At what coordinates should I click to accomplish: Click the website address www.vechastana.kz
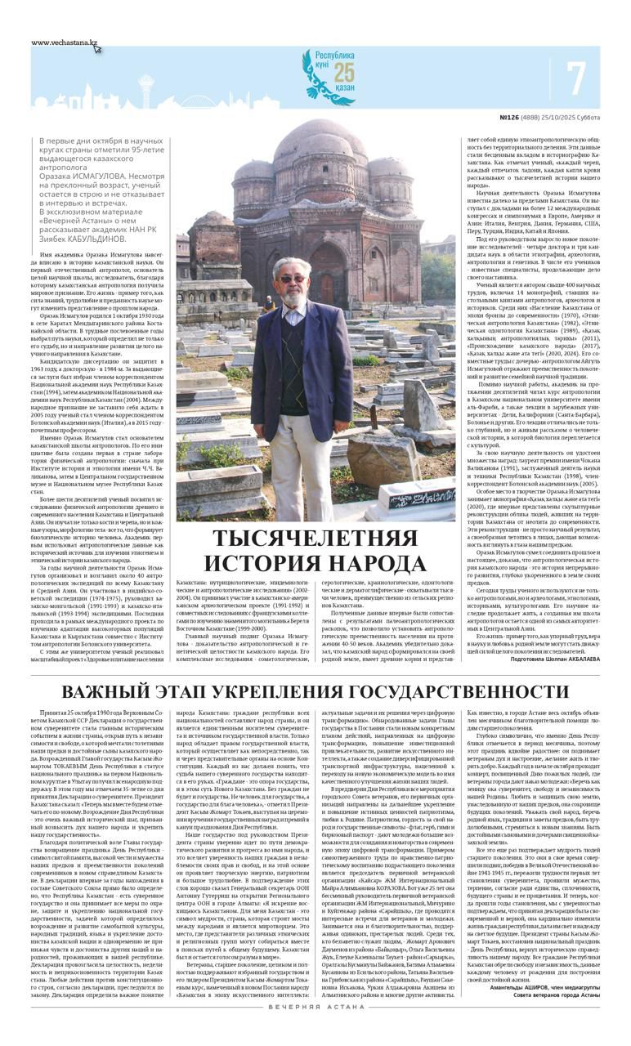coord(65,42)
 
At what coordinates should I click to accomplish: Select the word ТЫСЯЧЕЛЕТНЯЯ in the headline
coord(315,539)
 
